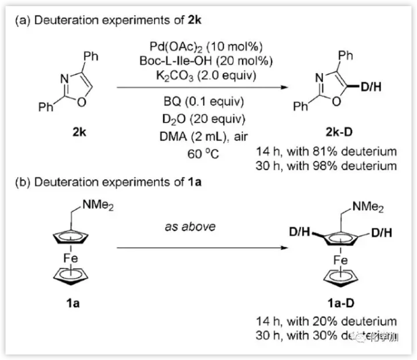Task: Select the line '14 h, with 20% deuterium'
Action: (x=329, y=321)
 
